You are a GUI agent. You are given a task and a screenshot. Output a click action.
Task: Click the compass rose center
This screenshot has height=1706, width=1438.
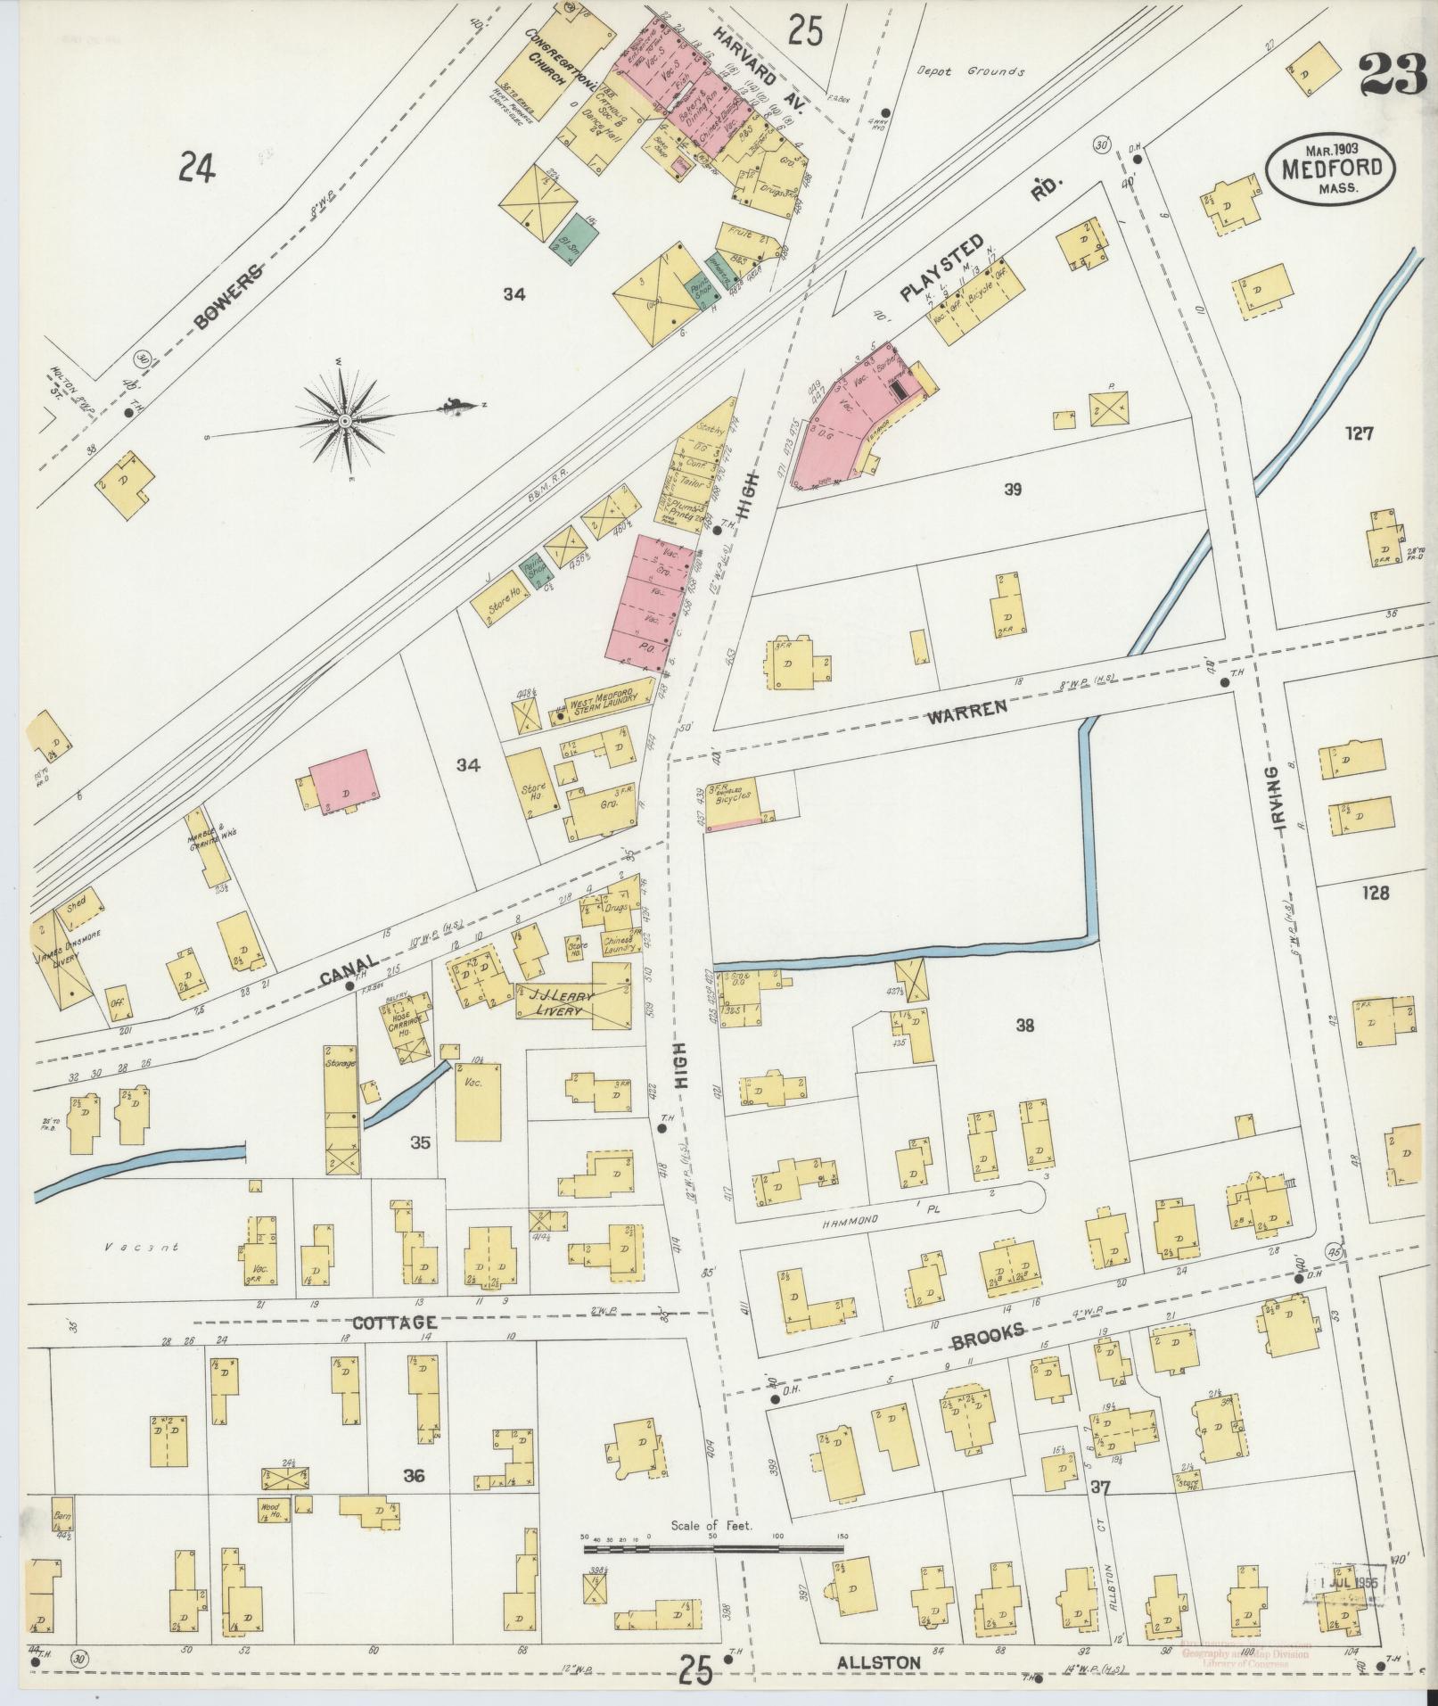(344, 419)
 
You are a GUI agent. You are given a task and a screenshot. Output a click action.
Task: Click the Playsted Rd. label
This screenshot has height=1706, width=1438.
(943, 265)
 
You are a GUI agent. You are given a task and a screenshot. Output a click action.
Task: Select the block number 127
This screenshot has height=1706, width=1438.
(1360, 433)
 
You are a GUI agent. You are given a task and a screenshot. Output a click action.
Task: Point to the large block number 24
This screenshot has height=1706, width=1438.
(196, 167)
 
